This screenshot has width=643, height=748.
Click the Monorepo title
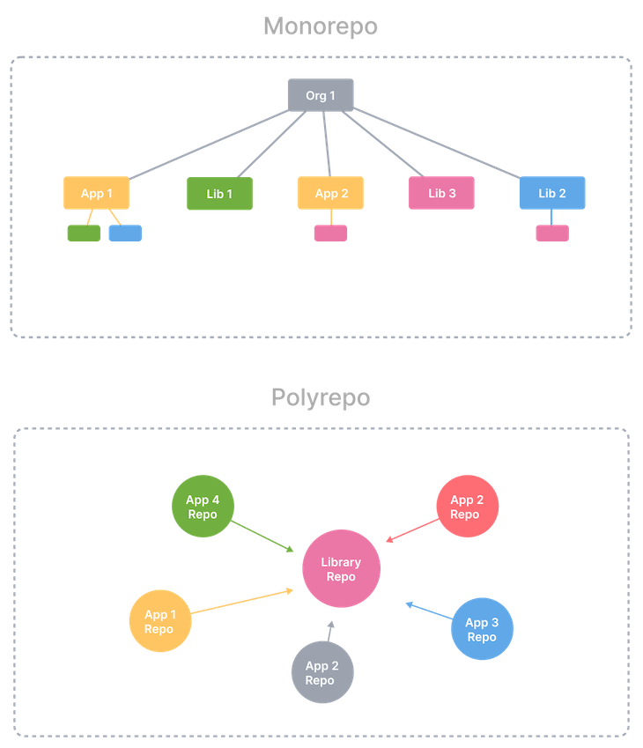(321, 26)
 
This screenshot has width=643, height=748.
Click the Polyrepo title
(321, 397)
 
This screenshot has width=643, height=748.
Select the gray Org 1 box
(321, 95)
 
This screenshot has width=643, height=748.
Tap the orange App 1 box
(97, 193)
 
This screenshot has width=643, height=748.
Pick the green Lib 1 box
(219, 193)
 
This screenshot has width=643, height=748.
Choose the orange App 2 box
(331, 193)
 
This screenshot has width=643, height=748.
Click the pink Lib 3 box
(441, 193)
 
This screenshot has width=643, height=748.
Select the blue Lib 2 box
(552, 193)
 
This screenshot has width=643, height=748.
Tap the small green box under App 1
(83, 233)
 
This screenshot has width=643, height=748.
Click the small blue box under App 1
(124, 233)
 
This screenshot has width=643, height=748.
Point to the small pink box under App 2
(330, 233)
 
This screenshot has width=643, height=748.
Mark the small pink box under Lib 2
(552, 233)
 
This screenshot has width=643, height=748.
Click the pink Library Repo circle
(341, 569)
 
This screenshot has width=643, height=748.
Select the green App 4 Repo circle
(202, 507)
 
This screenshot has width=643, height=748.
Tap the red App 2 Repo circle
(466, 507)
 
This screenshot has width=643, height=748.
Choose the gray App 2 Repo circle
(321, 673)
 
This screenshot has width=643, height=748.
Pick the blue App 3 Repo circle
(482, 629)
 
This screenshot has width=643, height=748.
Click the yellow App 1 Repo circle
(160, 622)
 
